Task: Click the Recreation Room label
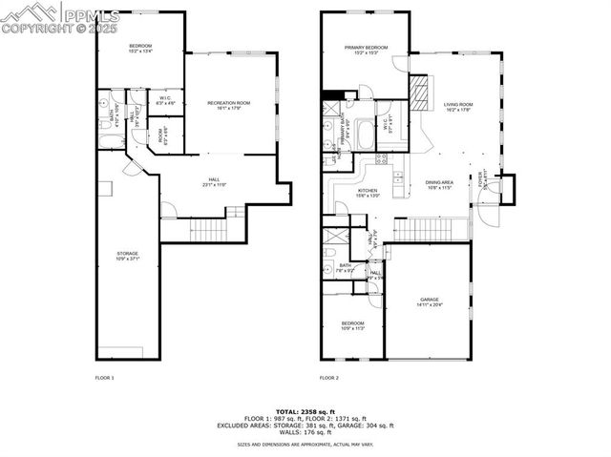click(228, 105)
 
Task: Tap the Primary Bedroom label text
click(367, 51)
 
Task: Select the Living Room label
click(458, 108)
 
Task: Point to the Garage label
click(428, 302)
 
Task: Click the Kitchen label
click(369, 193)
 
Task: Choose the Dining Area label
click(438, 184)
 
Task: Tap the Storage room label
click(127, 256)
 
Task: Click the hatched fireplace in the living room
click(417, 90)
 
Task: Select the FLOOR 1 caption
click(104, 378)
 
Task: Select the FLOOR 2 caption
click(329, 378)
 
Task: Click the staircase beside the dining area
click(430, 229)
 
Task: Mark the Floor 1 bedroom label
click(140, 48)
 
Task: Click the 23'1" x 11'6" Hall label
click(214, 182)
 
